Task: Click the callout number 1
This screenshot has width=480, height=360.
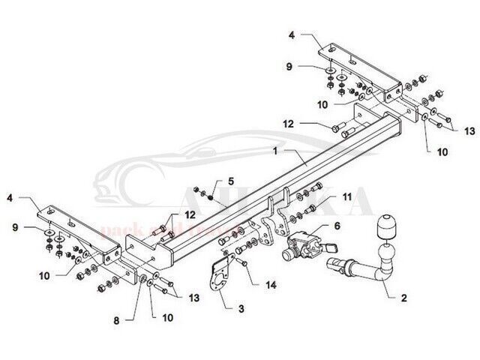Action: coord(277,150)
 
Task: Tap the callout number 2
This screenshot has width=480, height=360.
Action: coord(403,298)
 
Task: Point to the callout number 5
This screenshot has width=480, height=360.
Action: coord(232,181)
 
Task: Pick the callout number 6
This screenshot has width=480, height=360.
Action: coord(337,225)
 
